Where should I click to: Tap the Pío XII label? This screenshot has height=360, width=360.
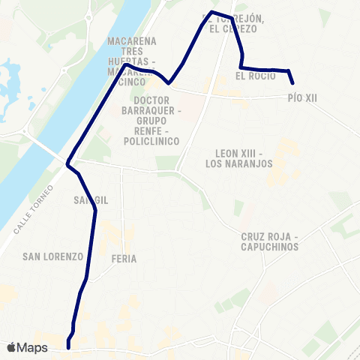(303, 97)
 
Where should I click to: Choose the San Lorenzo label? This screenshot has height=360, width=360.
(52, 256)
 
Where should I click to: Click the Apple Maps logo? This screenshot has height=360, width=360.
(27, 348)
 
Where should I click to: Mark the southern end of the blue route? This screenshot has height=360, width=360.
(68, 347)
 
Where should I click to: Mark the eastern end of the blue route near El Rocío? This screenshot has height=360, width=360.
(292, 83)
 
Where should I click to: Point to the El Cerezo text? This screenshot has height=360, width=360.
(233, 28)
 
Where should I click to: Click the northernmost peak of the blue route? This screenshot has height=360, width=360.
(213, 12)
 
